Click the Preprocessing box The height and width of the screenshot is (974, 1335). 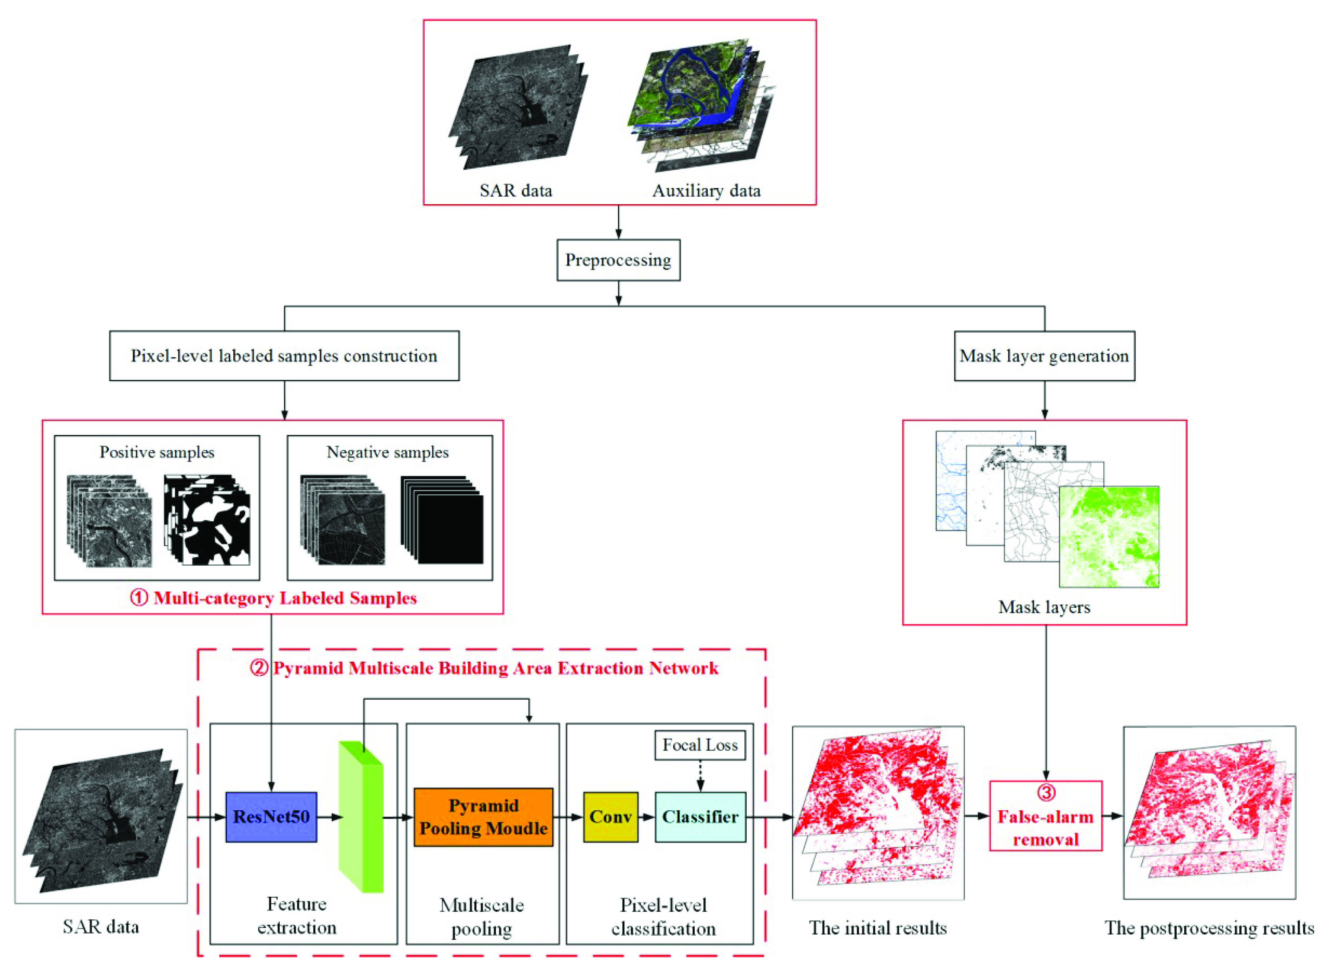tap(618, 260)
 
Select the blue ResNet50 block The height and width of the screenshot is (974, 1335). tap(271, 817)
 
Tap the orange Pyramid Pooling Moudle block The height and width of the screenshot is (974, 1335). tap(483, 817)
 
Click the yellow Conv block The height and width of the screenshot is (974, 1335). tap(610, 817)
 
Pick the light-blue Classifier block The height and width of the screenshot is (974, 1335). tap(700, 817)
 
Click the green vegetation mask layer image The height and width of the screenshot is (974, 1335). tap(1108, 536)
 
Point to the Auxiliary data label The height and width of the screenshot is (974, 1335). tap(706, 190)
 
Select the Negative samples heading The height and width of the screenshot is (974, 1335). tap(388, 452)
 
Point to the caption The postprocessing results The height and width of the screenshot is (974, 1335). tap(1209, 928)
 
